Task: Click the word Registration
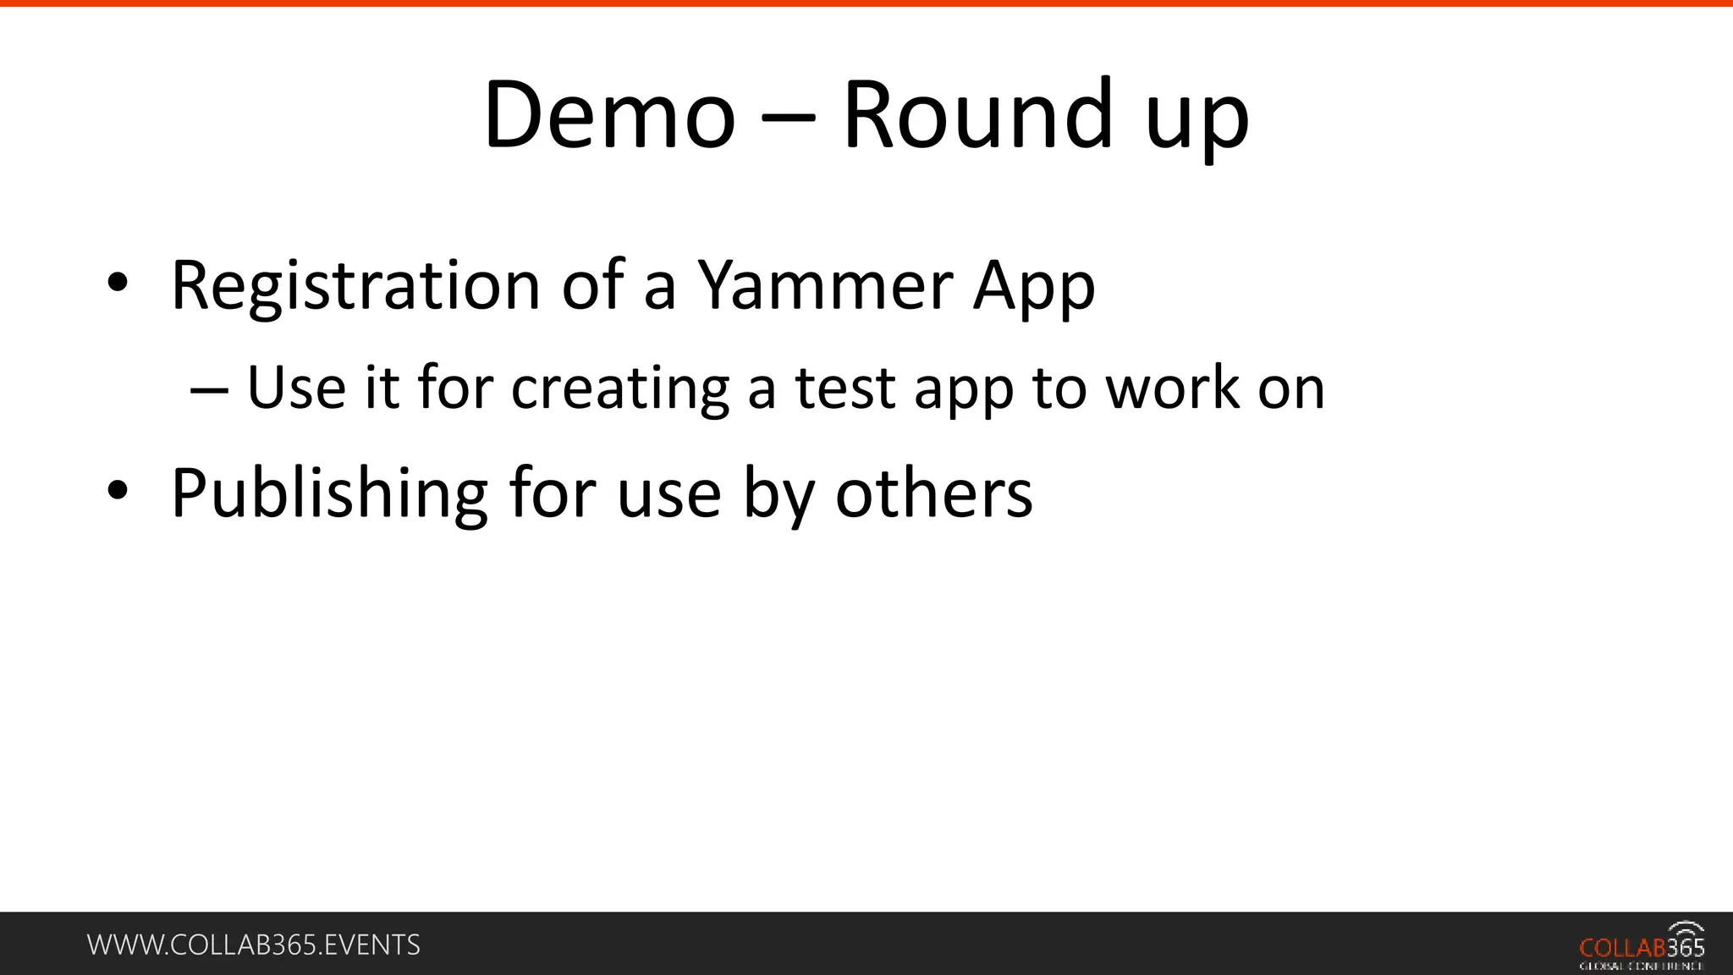point(355,286)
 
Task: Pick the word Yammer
point(828,286)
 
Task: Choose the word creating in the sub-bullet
point(620,389)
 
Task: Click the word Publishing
point(329,494)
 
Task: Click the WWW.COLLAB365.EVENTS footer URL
point(254,945)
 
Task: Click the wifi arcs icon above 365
point(1686,929)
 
